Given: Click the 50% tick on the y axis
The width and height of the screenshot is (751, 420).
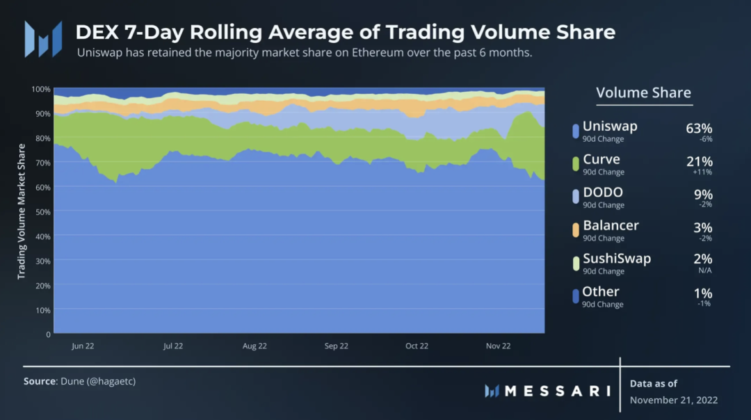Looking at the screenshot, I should [x=42, y=211].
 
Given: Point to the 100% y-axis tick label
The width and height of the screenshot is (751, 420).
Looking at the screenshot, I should [x=41, y=89].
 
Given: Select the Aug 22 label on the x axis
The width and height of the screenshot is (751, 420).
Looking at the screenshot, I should [x=255, y=346].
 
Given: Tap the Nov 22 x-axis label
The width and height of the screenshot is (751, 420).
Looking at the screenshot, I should [x=498, y=346].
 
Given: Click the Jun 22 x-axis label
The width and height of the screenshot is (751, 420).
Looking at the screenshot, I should [x=83, y=346].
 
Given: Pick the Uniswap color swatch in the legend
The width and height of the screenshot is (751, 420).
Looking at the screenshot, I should [x=575, y=130].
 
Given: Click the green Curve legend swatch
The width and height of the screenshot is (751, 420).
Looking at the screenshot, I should [x=575, y=163].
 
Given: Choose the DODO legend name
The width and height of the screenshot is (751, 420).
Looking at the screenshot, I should [x=603, y=193].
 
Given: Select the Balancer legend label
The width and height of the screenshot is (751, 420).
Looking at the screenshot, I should [x=611, y=225].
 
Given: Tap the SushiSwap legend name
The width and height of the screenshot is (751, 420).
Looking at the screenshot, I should [x=617, y=259].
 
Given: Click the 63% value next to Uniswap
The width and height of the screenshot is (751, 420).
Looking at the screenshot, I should [x=699, y=128].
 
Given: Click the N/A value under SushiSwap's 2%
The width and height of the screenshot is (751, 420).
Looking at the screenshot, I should [x=704, y=270].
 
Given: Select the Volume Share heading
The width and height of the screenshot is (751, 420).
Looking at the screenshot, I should [x=643, y=93].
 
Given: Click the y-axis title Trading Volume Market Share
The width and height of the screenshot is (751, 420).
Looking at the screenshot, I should [x=22, y=211].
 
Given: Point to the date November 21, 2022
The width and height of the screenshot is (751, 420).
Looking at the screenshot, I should [x=673, y=400].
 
